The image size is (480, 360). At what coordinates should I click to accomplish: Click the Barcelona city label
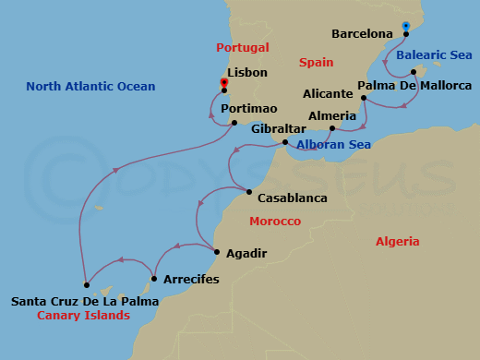coord(362,34)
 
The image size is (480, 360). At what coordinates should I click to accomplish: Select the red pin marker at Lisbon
coord(224,83)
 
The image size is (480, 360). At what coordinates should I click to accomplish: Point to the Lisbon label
coord(246,72)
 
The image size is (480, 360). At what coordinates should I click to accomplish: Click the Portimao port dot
coord(234,123)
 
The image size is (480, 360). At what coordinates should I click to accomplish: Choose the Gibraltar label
coord(250,129)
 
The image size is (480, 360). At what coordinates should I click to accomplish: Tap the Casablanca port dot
coord(248,192)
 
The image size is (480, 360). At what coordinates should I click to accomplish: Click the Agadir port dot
coord(216,252)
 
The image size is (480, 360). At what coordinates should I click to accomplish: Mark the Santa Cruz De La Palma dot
coord(86,284)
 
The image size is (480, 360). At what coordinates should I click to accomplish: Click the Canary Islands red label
coord(83,316)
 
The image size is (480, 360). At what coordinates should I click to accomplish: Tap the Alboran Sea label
coord(333,145)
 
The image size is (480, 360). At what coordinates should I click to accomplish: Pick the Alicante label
coord(328,94)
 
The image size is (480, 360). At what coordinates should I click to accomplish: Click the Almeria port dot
coord(332,128)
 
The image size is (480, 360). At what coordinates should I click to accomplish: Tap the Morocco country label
coord(275,222)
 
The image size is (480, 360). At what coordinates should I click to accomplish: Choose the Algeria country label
coord(398,241)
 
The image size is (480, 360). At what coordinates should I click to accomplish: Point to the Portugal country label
coord(242,47)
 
